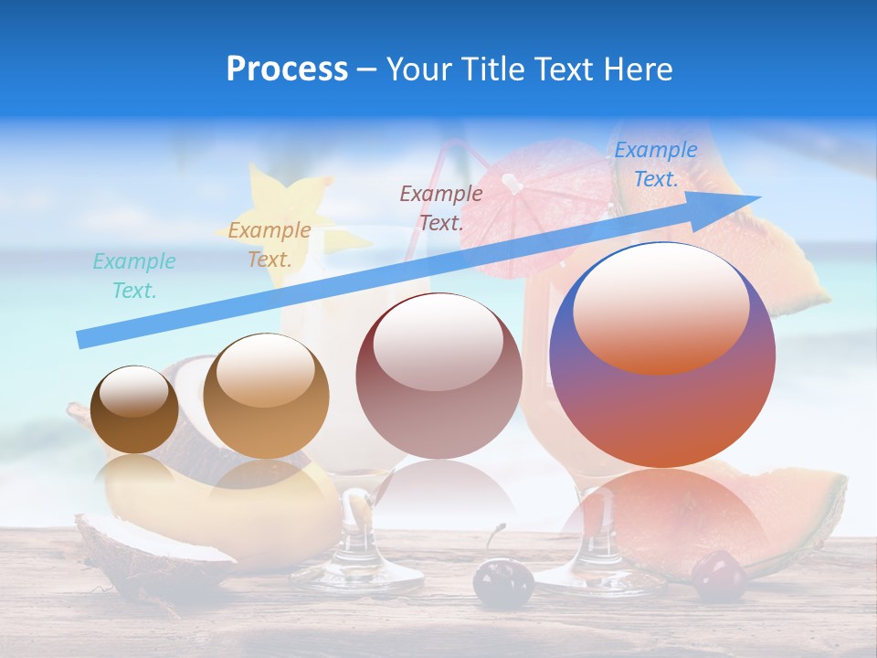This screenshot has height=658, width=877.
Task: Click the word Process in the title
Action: pos(287,69)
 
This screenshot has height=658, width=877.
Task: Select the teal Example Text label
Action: pos(134,276)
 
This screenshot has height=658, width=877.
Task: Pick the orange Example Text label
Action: pos(269,245)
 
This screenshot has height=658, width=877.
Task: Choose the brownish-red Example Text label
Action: pos(441,207)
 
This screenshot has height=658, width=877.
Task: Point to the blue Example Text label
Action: pos(656,164)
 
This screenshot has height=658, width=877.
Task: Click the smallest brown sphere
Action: pos(135,410)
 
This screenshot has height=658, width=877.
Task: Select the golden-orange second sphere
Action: pos(266,397)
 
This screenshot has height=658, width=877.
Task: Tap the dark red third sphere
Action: pos(438,376)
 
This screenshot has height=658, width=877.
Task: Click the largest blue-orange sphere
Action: pos(662,355)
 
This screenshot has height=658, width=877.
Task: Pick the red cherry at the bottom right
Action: pos(719,576)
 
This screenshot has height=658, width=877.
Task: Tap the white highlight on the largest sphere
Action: pos(660,306)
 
